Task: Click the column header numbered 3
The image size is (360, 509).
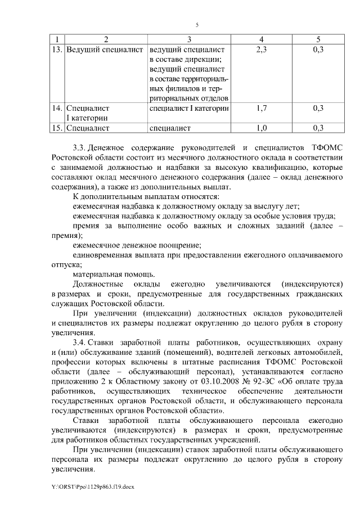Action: pyautogui.click(x=189, y=39)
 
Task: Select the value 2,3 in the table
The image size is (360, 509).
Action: pyautogui.click(x=261, y=50)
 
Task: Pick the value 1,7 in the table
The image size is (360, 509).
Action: pyautogui.click(x=261, y=107)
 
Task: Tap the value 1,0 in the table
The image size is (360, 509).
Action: pyautogui.click(x=261, y=128)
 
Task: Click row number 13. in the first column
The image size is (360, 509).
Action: pyautogui.click(x=56, y=50)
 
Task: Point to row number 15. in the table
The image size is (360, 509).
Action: pyautogui.click(x=56, y=128)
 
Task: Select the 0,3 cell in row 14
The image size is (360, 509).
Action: pyautogui.click(x=318, y=107)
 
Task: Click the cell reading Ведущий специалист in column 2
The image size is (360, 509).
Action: pyautogui.click(x=105, y=50)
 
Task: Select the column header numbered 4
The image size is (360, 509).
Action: pyautogui.click(x=261, y=39)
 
